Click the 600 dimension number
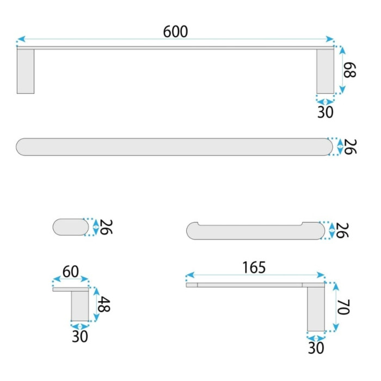pyautogui.click(x=175, y=32)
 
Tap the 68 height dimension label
pyautogui.click(x=349, y=70)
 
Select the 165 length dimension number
pyautogui.click(x=254, y=267)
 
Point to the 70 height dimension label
pyautogui.click(x=343, y=307)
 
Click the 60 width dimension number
pyautogui.click(x=70, y=272)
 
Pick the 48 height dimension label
pyautogui.click(x=104, y=304)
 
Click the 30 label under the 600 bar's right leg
pyautogui.click(x=325, y=112)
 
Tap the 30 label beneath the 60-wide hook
pyautogui.click(x=79, y=336)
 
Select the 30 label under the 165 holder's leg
pyautogui.click(x=316, y=348)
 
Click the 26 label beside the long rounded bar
pyautogui.click(x=350, y=147)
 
